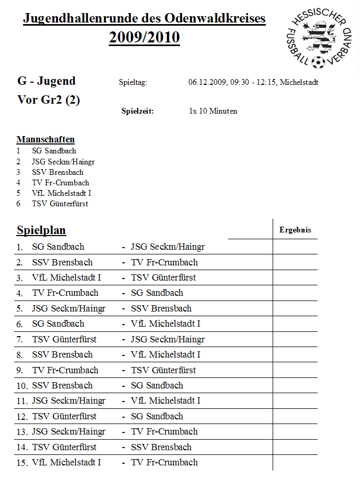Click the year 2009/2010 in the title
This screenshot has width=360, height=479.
(x=144, y=38)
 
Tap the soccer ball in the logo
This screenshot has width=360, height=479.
(x=317, y=63)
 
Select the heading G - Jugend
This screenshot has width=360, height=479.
(x=47, y=81)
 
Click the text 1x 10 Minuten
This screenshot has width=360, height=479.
(x=213, y=111)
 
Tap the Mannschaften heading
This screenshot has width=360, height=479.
(x=46, y=140)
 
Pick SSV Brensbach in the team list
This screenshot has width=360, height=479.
(x=58, y=172)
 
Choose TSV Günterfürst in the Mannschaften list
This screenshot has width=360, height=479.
(x=60, y=204)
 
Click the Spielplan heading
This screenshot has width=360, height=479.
(x=41, y=230)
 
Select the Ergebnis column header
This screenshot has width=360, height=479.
(x=295, y=230)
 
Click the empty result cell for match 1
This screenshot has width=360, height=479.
(x=295, y=247)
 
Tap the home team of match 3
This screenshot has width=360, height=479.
(x=66, y=277)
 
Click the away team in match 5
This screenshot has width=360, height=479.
(x=161, y=308)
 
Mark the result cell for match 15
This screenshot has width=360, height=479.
(x=295, y=463)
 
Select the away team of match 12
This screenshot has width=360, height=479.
(x=157, y=416)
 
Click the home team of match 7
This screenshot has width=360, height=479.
(x=64, y=339)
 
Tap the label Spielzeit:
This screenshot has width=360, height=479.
(x=138, y=111)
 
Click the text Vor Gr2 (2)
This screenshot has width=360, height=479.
(x=49, y=100)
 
